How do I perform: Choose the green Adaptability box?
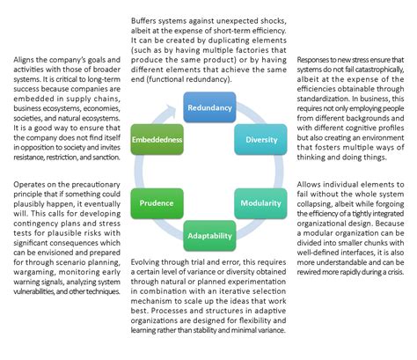208,235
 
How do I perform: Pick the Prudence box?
156,202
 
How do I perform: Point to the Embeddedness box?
155,138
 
